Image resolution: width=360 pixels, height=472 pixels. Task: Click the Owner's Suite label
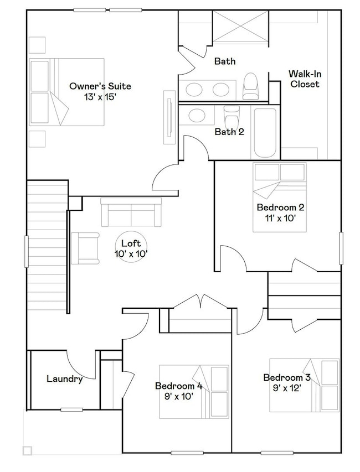tap(100, 86)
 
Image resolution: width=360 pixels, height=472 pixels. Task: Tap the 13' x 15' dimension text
tap(100, 97)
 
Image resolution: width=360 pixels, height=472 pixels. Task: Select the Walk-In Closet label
tap(305, 79)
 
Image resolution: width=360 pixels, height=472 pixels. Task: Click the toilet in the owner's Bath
tap(251, 86)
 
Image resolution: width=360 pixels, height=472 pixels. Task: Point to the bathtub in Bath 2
tap(265, 133)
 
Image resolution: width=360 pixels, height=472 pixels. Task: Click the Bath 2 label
tap(229, 132)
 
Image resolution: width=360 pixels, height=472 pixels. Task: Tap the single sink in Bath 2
tap(197, 115)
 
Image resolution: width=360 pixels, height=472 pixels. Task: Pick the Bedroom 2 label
tap(280, 207)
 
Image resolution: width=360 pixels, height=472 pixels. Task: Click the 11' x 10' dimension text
tap(280, 218)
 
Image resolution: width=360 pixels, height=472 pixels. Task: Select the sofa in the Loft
tap(131, 212)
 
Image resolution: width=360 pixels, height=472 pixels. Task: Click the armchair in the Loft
tap(85, 248)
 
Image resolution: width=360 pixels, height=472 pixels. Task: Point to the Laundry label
tap(64, 378)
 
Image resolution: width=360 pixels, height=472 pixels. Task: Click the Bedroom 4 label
tap(179, 386)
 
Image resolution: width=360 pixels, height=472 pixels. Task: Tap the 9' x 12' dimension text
tap(287, 388)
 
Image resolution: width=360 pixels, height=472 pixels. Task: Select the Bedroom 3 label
tap(287, 377)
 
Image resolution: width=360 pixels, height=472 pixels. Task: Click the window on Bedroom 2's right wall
tap(341, 248)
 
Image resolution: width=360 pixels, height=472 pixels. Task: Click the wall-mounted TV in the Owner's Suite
tap(169, 117)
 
